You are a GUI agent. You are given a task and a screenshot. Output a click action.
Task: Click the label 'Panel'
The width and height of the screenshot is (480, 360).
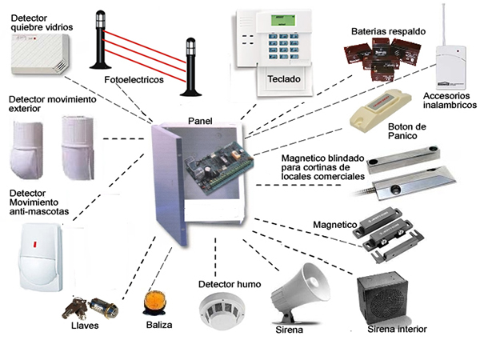click(x=200, y=120)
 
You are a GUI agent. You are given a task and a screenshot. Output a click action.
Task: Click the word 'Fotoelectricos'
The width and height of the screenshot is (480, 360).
click(x=134, y=82)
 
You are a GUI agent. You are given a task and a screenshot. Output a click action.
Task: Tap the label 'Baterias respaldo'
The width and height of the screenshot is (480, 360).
click(x=388, y=31)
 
